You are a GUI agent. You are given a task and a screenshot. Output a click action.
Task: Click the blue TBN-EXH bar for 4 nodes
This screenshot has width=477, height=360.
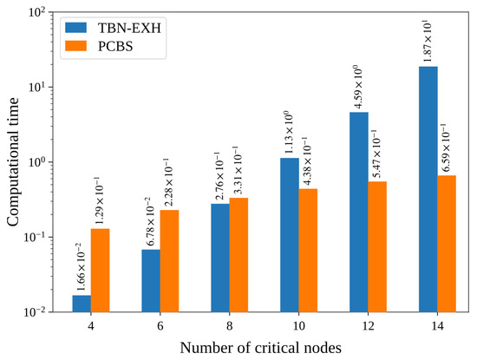(x=82, y=304)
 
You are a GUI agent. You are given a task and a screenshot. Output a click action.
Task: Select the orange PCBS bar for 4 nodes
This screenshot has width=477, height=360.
(x=100, y=271)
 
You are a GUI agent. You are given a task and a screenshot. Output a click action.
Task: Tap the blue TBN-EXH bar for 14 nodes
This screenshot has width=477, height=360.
(x=428, y=189)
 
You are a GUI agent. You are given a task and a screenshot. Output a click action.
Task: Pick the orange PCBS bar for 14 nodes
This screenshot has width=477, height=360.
(x=447, y=244)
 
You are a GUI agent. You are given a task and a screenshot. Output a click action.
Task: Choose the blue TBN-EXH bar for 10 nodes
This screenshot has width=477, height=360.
(x=290, y=235)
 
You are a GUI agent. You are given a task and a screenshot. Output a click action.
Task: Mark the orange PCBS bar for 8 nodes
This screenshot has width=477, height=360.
(x=238, y=255)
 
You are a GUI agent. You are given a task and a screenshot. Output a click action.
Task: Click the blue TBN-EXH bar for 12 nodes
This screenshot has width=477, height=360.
(x=359, y=213)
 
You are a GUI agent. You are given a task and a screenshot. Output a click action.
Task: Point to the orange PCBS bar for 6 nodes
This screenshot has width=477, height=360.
(x=169, y=261)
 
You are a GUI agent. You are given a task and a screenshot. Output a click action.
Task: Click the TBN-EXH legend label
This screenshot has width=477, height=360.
(x=129, y=28)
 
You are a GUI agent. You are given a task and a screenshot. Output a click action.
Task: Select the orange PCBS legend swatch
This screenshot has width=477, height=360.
(x=76, y=46)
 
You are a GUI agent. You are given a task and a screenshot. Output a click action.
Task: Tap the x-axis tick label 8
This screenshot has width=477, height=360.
(x=230, y=326)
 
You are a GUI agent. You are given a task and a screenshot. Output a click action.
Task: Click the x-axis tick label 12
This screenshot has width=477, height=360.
(x=369, y=326)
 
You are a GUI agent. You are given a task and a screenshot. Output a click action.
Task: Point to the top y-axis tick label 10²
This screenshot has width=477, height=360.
(x=36, y=12)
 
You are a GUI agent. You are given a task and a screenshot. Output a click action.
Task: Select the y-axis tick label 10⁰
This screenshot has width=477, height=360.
(x=36, y=161)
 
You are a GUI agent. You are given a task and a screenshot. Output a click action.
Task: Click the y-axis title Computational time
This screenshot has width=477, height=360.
(x=13, y=162)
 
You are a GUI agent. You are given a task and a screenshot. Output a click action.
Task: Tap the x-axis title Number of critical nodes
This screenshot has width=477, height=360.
(x=261, y=348)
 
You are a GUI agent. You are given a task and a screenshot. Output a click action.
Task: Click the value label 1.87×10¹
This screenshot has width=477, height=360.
(x=428, y=41)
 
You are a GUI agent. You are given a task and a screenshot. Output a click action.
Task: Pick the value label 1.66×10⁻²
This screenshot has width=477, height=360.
(x=81, y=266)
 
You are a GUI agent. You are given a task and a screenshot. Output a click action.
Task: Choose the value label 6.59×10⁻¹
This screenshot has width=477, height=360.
(x=446, y=147)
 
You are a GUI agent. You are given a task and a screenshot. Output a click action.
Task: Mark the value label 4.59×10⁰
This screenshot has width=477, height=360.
(x=358, y=87)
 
